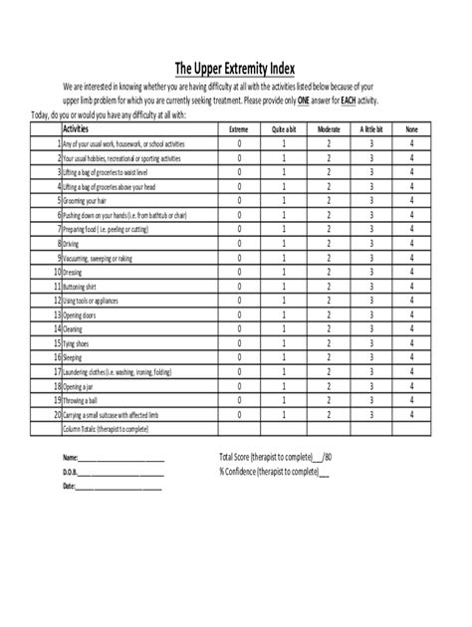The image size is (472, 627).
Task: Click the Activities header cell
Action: tap(81, 129)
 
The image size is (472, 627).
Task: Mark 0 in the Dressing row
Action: tap(239, 272)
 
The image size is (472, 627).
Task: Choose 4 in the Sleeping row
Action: tap(412, 357)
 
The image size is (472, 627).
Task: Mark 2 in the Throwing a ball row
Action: tap(328, 400)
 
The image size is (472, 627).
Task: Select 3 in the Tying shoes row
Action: tap(370, 343)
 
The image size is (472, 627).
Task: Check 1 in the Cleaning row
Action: tap(284, 328)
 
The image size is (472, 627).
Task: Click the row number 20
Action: tap(57, 415)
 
